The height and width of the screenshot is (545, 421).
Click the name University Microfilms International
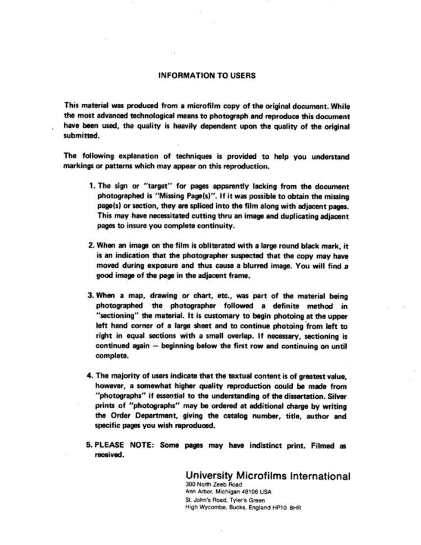[268, 476]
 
